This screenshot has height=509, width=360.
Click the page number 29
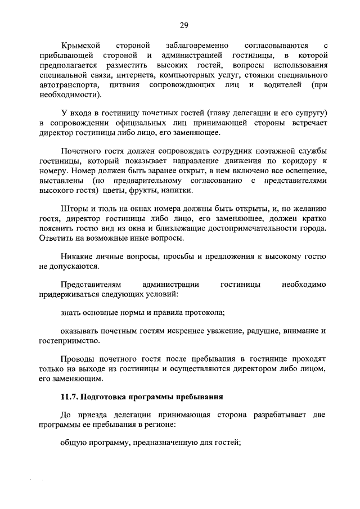click(x=183, y=25)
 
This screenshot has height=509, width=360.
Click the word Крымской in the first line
click(x=80, y=44)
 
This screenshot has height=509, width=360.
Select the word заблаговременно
click(x=196, y=44)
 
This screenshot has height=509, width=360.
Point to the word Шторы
click(x=73, y=209)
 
